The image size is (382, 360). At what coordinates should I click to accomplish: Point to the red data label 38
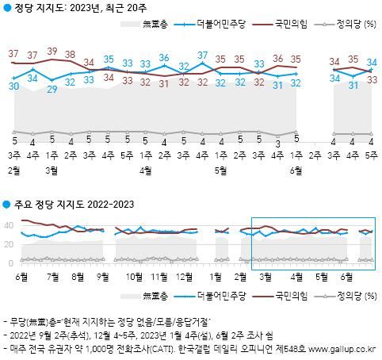[71, 55]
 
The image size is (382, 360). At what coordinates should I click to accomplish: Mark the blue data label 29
[52, 90]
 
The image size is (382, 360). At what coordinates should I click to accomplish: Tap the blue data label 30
[14, 86]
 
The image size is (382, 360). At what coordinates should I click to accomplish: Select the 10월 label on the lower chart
[134, 277]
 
